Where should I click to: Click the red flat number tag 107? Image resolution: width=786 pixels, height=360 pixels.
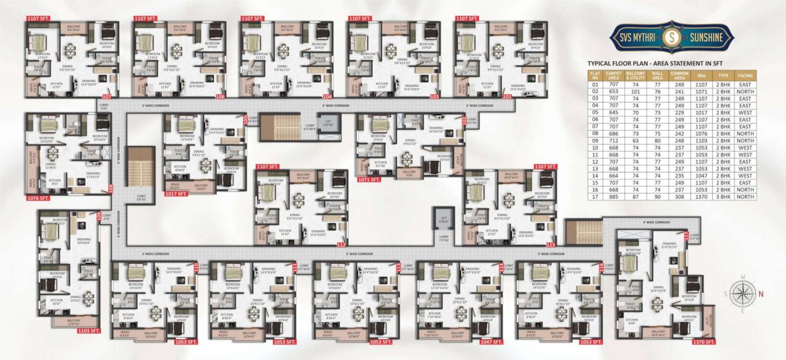tap(106, 96)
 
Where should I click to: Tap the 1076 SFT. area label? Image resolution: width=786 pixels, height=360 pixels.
tap(37, 198)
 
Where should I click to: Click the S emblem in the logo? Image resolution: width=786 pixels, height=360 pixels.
tap(672, 38)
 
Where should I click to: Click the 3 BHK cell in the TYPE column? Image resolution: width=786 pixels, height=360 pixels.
tap(722, 197)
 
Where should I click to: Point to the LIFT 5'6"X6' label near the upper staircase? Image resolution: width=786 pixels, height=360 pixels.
tap(328, 123)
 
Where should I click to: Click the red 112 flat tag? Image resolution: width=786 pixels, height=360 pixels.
tap(341, 244)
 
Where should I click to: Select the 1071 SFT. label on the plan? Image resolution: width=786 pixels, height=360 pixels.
tap(371, 179)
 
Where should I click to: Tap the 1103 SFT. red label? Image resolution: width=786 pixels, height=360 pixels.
tap(88, 331)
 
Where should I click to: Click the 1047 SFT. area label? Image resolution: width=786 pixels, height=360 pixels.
tap(490, 342)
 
